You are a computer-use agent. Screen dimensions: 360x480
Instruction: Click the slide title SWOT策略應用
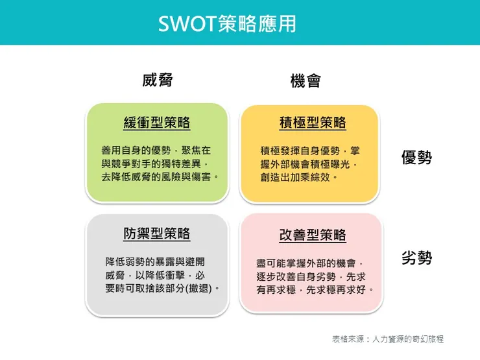pos(228,23)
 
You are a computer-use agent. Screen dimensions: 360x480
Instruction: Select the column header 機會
pos(306,81)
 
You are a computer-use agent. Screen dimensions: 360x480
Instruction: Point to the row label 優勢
pos(416,158)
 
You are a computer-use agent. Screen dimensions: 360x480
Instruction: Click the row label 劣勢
pos(416,258)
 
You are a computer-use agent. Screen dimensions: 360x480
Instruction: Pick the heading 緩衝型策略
pos(157,123)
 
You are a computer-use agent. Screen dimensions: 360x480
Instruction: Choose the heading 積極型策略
pos(313,123)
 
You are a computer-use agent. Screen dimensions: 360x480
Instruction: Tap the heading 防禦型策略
pos(157,233)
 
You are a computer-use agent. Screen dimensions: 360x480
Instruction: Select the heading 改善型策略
pos(313,235)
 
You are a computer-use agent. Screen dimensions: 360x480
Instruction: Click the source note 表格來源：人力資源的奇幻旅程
pos(388,339)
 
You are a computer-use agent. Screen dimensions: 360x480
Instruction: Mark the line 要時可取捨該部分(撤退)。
pos(162,287)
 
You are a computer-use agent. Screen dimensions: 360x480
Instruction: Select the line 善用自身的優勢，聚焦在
pos(156,150)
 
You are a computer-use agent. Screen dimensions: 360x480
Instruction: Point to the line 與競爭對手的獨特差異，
pos(156,163)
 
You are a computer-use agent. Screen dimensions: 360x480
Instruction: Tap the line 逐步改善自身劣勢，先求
pos(311,276)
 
